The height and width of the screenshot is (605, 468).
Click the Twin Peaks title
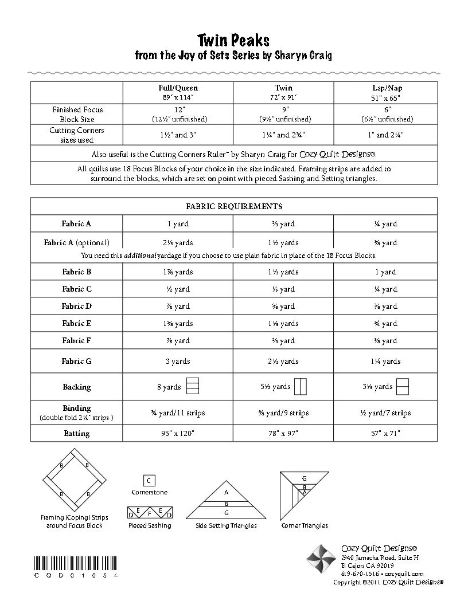[x=233, y=41]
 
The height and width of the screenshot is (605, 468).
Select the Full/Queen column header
[x=178, y=88]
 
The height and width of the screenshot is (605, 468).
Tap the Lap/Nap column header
[x=388, y=88]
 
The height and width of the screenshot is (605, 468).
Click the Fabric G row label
[x=76, y=362]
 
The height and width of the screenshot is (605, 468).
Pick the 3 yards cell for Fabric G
[x=178, y=362]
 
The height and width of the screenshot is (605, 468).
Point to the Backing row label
[x=76, y=387]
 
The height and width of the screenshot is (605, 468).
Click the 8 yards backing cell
[x=169, y=387]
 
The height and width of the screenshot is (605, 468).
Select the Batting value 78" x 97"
[x=283, y=434]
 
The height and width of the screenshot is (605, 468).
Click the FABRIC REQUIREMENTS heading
[x=233, y=206]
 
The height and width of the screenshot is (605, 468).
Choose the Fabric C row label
[x=76, y=289]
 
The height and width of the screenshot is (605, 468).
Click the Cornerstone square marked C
[x=149, y=481]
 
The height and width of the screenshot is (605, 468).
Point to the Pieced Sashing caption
[x=149, y=525]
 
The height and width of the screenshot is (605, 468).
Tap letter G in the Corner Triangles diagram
[x=305, y=478]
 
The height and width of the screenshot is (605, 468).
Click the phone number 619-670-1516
[x=360, y=573]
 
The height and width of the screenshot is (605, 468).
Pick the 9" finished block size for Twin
[x=283, y=109]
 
